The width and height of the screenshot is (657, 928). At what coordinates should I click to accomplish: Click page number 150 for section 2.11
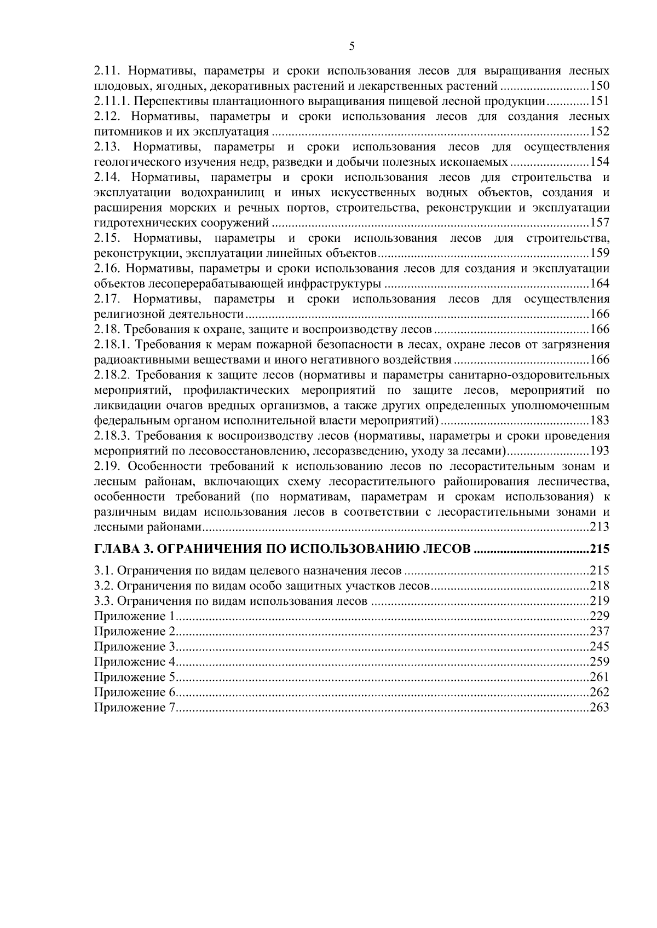pos(599,86)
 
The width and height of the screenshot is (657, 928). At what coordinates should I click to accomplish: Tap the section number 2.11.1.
pos(112,101)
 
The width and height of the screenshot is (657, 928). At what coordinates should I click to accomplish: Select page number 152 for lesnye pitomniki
pos(599,132)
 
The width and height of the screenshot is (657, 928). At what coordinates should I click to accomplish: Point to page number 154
pos(599,162)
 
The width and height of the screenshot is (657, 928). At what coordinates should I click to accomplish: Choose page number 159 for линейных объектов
pos(599,253)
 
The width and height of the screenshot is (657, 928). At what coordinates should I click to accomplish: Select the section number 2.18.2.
pos(112,375)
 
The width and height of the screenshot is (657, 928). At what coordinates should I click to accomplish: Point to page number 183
pos(599,421)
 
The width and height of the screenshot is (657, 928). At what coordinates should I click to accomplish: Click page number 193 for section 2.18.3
pos(599,451)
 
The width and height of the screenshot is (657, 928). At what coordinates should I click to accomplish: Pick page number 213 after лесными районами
pos(599,527)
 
